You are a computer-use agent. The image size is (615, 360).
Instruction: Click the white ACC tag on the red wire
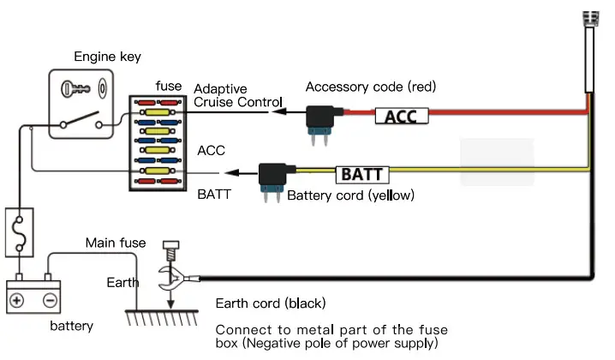pos(401,116)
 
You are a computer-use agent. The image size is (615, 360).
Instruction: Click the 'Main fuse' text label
pos(115,243)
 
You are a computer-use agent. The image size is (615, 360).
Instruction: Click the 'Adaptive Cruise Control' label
pos(232,96)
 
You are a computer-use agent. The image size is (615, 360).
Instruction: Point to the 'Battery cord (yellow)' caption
pos(350,195)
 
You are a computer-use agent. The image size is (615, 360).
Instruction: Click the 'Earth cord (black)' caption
pos(270,303)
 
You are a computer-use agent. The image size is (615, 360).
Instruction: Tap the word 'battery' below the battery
pos(70,327)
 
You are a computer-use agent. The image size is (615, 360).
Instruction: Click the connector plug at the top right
pos(589,51)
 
